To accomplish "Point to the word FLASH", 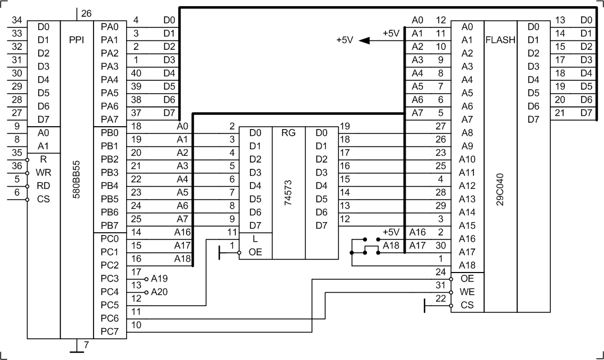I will tap(500, 40).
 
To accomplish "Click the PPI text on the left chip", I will tap(77, 40).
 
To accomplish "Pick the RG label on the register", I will tap(288, 133).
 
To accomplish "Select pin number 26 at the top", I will tap(86, 13).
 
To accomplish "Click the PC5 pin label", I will tap(110, 306).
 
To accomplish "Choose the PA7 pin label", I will tap(110, 119).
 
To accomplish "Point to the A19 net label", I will tap(159, 278).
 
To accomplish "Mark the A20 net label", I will tap(159, 292).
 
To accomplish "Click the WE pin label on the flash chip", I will tap(467, 292).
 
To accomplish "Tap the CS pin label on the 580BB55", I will tap(43, 199).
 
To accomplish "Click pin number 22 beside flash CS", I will tap(440, 299).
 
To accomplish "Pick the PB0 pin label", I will tap(110, 133).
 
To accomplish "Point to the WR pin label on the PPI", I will tap(43, 172).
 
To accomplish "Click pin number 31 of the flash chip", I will tap(440, 285).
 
